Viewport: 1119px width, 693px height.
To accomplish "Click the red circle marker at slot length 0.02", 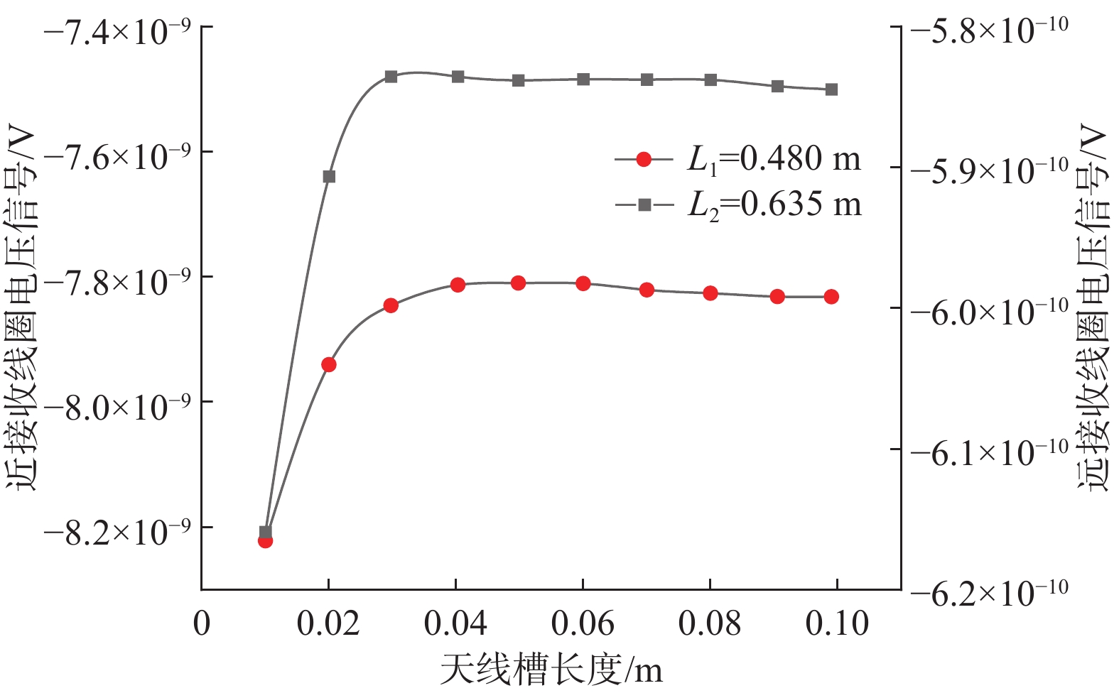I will tap(328, 364).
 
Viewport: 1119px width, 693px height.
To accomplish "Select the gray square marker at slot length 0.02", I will tap(329, 176).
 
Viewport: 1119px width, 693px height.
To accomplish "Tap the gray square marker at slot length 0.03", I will tap(391, 76).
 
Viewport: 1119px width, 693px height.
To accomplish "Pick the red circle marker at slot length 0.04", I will tap(458, 285).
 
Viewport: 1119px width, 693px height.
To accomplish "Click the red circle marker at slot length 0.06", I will tap(583, 283).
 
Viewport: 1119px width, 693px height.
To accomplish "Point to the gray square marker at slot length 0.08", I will tap(710, 80).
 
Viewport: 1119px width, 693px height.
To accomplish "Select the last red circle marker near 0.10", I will tap(831, 297).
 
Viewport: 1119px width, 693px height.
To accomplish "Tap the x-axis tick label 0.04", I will tap(455, 623).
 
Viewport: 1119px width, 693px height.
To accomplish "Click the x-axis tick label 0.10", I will tap(837, 623).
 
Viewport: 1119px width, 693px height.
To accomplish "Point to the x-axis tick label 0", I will tap(202, 623).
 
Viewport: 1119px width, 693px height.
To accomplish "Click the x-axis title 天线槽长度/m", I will tap(551, 670).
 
